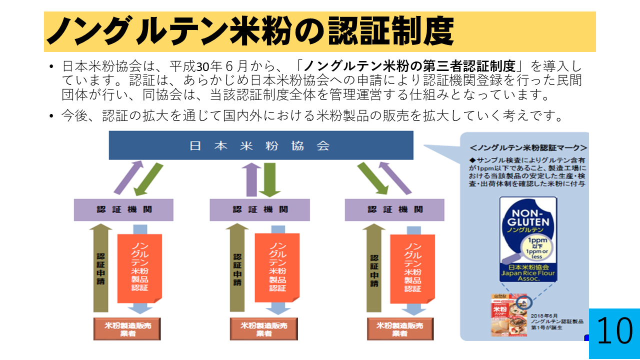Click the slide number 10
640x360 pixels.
614,331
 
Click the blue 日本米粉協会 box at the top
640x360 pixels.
261,145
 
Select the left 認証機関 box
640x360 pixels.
123,210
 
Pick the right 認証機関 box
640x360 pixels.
394,210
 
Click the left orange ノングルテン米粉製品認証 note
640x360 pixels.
139,267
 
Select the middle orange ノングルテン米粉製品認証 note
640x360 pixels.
277,267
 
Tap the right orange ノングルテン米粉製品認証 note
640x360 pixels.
412,267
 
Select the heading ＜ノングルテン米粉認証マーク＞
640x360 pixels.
528,148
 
